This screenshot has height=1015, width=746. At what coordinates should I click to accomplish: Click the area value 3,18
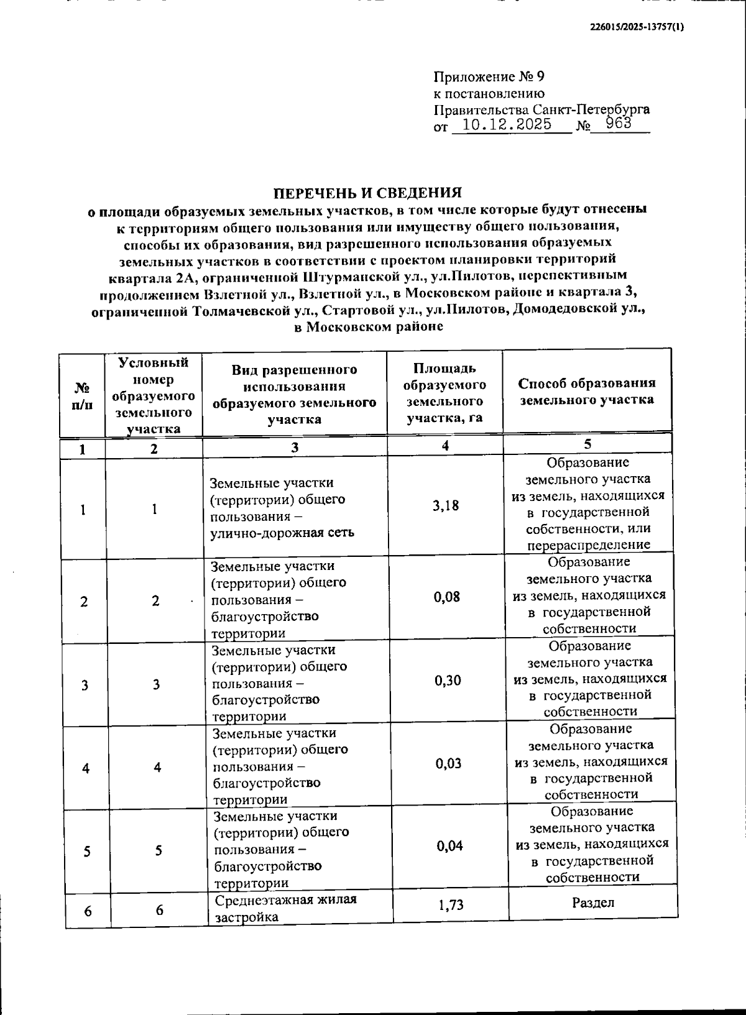coord(446,505)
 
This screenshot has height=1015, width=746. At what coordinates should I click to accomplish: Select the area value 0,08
coord(446,597)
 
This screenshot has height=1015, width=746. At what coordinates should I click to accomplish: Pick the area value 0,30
coord(448,681)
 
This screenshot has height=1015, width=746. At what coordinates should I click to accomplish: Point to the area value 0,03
coord(448,763)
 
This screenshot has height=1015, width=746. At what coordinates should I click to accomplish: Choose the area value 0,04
coord(449,846)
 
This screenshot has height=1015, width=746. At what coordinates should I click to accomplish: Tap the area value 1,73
coord(451,905)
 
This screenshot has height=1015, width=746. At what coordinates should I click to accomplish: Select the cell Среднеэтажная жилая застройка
coord(286,908)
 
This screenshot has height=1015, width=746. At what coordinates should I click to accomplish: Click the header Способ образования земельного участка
coord(587,392)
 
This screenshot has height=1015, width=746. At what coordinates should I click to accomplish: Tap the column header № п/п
coord(82,396)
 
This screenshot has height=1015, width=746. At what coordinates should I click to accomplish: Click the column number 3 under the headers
coord(295,448)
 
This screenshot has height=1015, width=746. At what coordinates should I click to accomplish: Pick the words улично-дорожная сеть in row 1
coord(282,533)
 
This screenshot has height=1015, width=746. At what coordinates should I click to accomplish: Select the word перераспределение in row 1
coord(589,545)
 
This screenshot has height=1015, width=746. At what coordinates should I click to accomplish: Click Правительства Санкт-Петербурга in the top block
coord(541,109)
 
